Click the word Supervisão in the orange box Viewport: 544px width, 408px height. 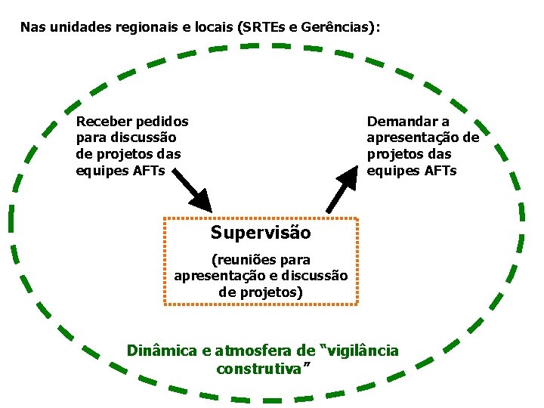coord(261,232)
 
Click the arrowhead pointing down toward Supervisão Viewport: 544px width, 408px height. coord(201,200)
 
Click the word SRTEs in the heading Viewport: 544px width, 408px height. coord(261,27)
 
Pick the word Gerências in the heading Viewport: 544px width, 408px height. coord(338,27)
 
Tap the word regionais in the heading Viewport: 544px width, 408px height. coord(144,27)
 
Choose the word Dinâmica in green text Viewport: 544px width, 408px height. coord(161,351)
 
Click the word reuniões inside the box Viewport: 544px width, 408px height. coord(249,260)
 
